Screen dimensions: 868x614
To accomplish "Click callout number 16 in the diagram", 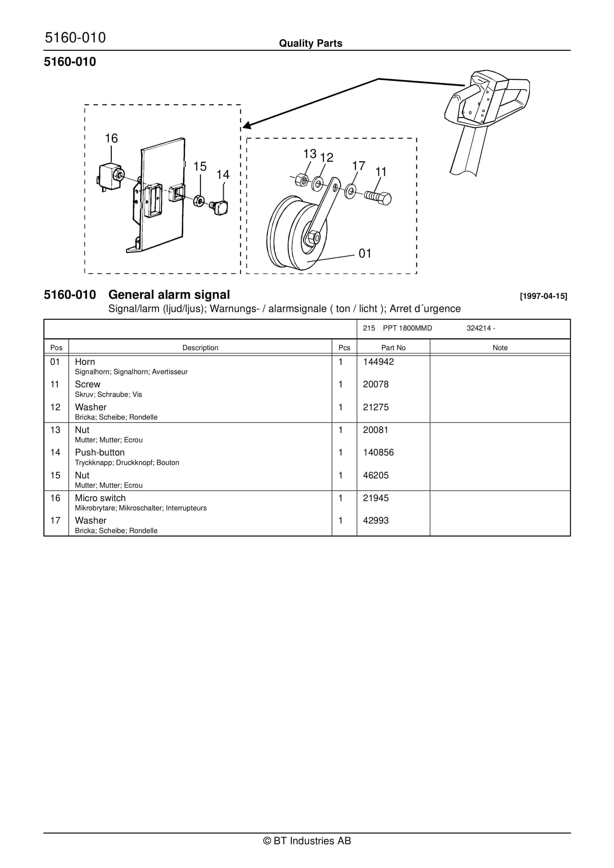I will (111, 138).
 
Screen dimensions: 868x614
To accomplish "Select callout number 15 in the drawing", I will (200, 166).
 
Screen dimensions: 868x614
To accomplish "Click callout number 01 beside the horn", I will (365, 253).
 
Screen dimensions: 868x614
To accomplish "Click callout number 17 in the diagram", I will (358, 166).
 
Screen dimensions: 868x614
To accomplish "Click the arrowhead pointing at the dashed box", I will (247, 125).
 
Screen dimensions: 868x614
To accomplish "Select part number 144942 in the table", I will (378, 362).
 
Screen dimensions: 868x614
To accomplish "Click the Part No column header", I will (393, 347).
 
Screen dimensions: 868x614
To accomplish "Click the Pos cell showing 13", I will (55, 430).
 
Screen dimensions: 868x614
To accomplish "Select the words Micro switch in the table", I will (100, 498).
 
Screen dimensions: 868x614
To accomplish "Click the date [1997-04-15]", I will (543, 296).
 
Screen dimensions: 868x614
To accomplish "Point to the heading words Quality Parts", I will (310, 43).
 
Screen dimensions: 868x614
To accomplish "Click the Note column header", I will (500, 347).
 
